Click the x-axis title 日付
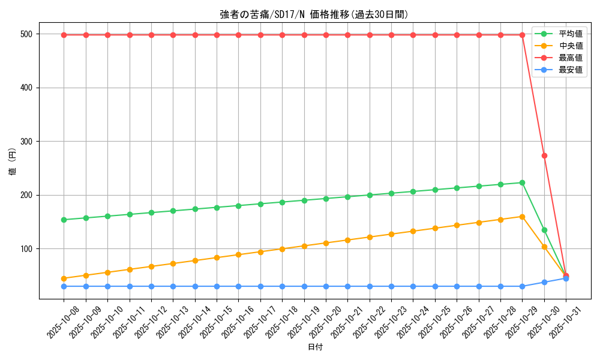(x=315, y=347)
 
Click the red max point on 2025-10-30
(x=544, y=155)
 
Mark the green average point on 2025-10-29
(x=522, y=182)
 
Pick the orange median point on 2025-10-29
(x=522, y=217)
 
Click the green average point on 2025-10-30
(x=544, y=230)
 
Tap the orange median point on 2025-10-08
(x=64, y=278)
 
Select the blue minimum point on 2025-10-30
(x=544, y=282)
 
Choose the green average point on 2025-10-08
(x=64, y=220)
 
